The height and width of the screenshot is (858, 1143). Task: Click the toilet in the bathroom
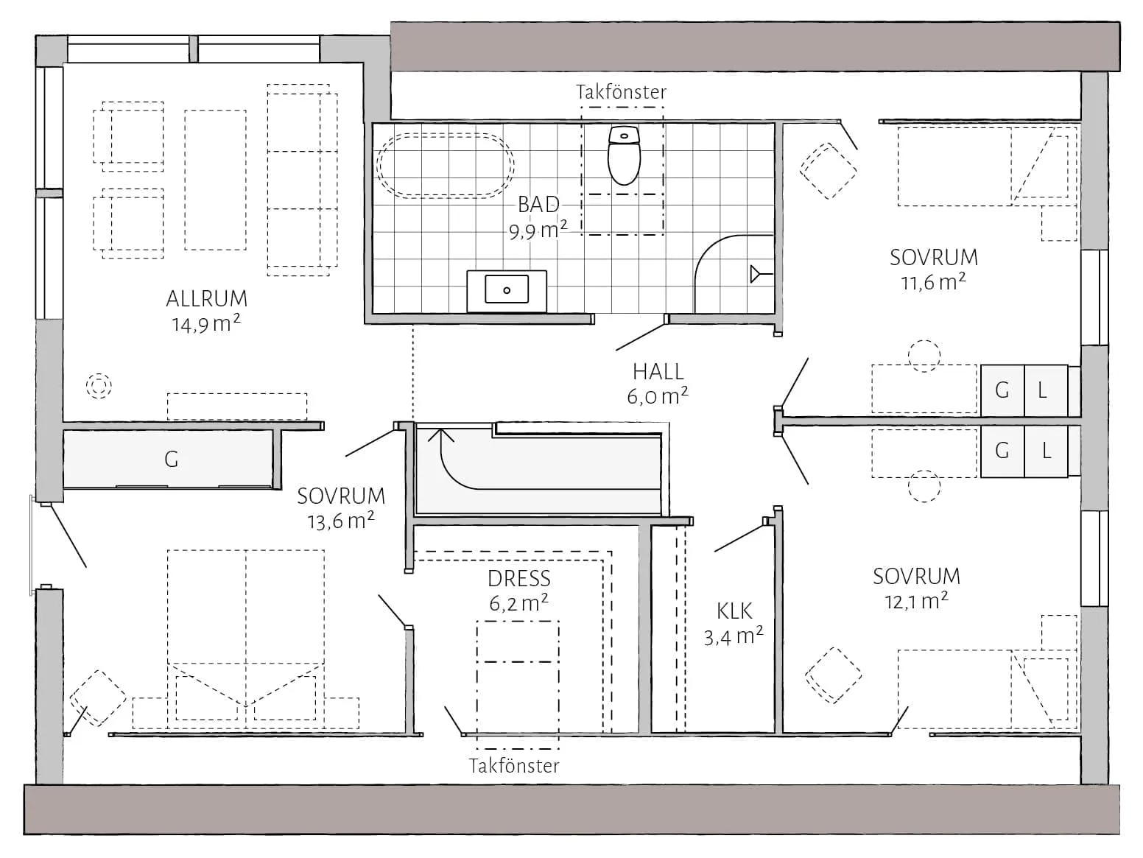[x=623, y=155]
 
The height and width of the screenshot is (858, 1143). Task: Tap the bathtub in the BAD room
[x=446, y=166]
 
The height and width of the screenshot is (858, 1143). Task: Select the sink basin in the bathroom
[x=506, y=289]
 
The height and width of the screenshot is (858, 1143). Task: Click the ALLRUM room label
[x=207, y=299]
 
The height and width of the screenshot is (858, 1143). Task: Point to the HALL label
[x=658, y=372]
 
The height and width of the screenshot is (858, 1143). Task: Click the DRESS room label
[x=518, y=578]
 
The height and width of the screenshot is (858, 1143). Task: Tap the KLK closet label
[x=734, y=611]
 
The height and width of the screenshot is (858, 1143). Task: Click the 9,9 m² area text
[x=538, y=230]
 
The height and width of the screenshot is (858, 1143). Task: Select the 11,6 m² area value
[x=933, y=282]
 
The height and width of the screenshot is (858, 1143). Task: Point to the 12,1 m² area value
[x=916, y=601]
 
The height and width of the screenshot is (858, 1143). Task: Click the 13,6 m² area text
[x=340, y=521]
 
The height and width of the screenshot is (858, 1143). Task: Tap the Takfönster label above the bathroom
[x=621, y=92]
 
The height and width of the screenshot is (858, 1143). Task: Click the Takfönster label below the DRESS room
[x=514, y=766]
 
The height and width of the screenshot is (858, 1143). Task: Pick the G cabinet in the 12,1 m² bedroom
[x=1002, y=451]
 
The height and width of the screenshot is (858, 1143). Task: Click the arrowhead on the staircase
[x=440, y=435]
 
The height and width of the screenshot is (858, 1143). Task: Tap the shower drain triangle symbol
[x=756, y=274]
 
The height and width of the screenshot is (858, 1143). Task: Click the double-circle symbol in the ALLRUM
[x=99, y=387]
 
